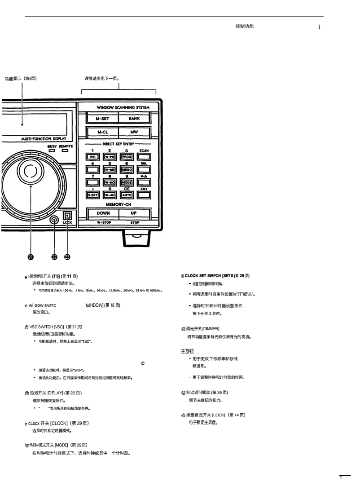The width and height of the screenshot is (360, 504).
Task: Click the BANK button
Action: pyautogui.click(x=134, y=119)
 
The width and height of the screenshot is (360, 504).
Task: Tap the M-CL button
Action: pyautogui.click(x=102, y=133)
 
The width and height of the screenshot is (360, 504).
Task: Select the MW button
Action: pyautogui.click(x=134, y=133)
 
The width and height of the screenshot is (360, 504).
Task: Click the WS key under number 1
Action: pyautogui.click(x=92, y=157)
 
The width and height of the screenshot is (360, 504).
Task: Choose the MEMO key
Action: pyautogui.click(x=127, y=170)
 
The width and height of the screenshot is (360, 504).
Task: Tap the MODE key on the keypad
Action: pyautogui.click(x=127, y=182)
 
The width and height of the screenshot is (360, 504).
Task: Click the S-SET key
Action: pyautogui.click(x=92, y=195)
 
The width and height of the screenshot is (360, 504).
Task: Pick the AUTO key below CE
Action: pyautogui.click(x=127, y=195)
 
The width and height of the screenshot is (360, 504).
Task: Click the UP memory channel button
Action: pyautogui.click(x=134, y=213)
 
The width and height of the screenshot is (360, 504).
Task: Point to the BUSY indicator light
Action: pyautogui.click(x=52, y=151)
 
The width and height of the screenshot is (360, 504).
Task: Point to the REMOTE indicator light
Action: pyautogui.click(x=66, y=151)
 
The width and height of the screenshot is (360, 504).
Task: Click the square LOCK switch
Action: pyautogui.click(x=67, y=215)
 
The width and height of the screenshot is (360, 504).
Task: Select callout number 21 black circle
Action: pyautogui.click(x=31, y=257)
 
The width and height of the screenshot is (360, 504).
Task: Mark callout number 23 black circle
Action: pyautogui.click(x=67, y=257)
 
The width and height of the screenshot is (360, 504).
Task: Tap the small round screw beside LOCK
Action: pyautogui.click(x=54, y=220)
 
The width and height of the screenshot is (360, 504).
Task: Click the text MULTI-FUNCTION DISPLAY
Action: pyautogui.click(x=44, y=139)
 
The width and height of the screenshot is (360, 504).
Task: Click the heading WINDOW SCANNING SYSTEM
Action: pyautogui.click(x=123, y=108)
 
